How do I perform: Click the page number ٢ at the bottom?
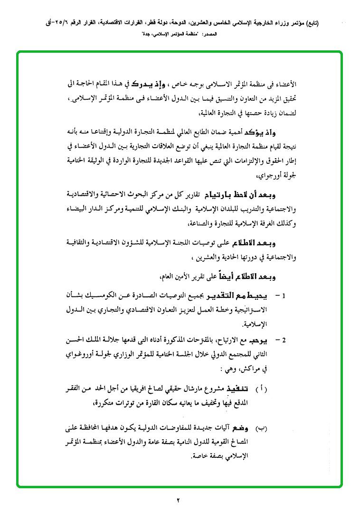[180, 500]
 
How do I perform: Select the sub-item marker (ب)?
[262, 429]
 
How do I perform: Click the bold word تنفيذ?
[240, 389]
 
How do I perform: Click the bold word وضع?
[242, 429]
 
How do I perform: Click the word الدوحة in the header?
[191, 23]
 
